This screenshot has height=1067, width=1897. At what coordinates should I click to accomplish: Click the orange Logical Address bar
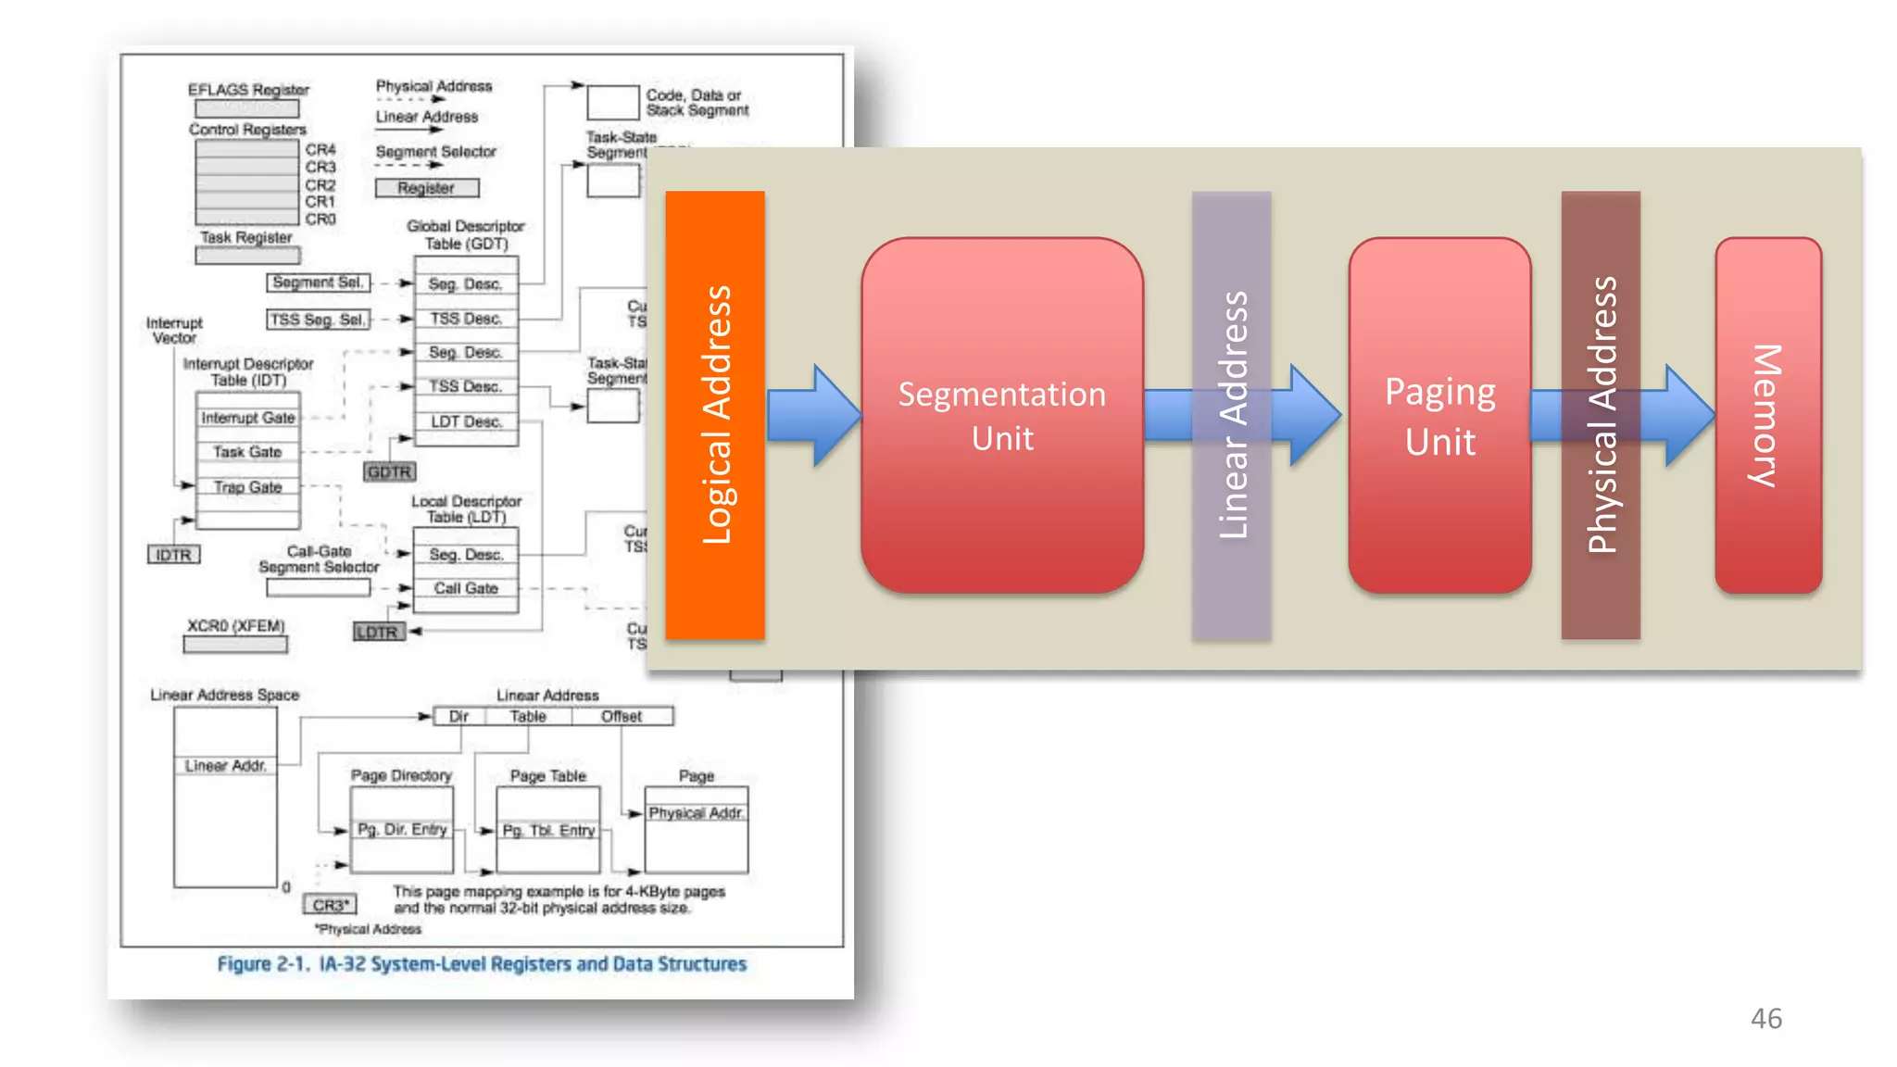714,414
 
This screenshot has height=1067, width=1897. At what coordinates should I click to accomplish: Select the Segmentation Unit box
1001,415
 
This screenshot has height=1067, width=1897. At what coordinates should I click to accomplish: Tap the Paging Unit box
1438,415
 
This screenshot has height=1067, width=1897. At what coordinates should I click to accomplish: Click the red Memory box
1767,415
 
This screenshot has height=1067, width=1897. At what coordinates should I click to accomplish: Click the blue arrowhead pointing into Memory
1688,415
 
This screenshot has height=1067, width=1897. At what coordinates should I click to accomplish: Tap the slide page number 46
1765,1018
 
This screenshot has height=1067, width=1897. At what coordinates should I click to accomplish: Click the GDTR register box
389,472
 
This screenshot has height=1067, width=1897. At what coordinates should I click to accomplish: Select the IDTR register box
173,555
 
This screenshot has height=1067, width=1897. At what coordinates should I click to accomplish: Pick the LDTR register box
377,632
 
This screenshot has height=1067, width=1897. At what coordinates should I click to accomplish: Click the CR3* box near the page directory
330,904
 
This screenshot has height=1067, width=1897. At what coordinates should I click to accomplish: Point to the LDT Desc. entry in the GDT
465,421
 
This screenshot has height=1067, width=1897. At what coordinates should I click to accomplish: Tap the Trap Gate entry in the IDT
247,486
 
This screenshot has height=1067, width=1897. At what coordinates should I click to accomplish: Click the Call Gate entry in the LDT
465,588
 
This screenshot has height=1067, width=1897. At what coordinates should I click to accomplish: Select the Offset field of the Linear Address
621,716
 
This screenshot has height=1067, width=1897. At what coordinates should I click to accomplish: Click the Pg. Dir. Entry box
402,829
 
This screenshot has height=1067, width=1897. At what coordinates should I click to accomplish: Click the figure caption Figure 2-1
481,963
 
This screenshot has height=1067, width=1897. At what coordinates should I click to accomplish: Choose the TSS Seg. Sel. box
318,319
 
